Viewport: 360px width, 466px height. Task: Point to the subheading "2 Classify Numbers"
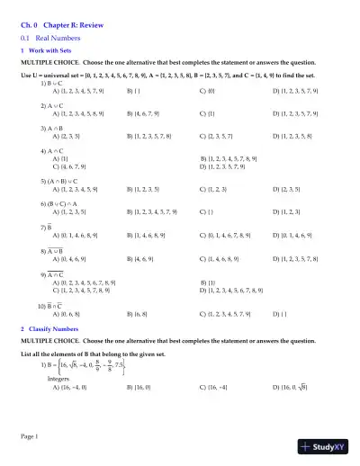click(x=50, y=329)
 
